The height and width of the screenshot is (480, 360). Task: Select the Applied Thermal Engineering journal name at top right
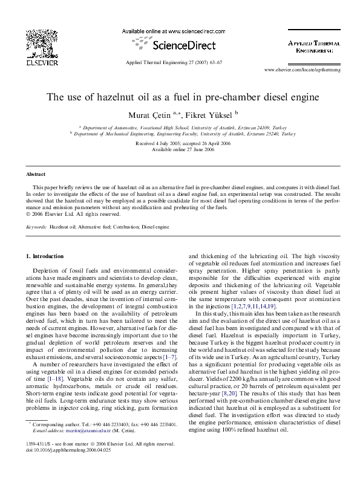point(313,48)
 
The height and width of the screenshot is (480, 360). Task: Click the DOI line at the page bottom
point(60,466)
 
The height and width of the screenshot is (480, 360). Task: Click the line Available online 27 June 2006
point(180,149)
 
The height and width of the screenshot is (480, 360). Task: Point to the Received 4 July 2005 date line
point(180,143)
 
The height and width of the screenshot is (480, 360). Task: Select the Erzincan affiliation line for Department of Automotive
point(180,128)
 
